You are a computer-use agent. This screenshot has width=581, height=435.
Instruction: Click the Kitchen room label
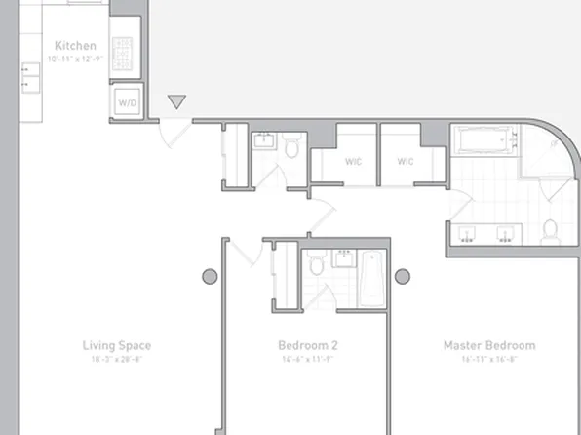[75, 45]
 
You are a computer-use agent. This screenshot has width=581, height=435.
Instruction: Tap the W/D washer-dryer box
[126, 101]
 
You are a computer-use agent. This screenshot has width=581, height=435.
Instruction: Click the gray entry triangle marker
[176, 101]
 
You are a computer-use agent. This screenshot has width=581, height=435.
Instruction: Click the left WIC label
[353, 161]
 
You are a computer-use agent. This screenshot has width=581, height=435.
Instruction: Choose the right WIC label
[405, 161]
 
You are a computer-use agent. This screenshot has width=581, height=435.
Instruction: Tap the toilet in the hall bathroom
[291, 147]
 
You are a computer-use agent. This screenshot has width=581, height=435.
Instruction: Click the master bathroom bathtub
[484, 143]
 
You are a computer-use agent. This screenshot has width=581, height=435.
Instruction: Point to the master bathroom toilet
[551, 230]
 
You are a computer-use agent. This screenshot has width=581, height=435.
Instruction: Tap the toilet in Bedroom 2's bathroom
[315, 264]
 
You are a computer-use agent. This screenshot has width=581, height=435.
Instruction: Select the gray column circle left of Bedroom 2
[210, 276]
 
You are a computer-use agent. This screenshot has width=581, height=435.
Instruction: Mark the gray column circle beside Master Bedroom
[402, 276]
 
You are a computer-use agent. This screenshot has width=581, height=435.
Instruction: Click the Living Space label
[116, 345]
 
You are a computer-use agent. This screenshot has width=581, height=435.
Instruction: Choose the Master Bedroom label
[489, 345]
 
